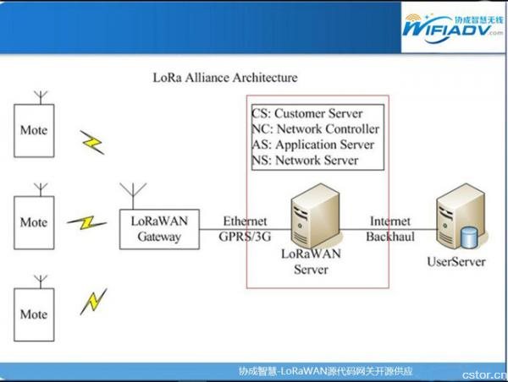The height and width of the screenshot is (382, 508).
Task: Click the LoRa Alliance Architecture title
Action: click(x=225, y=78)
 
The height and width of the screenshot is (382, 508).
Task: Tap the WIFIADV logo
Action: click(x=453, y=29)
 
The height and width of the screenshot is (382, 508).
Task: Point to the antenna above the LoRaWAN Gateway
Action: click(x=133, y=196)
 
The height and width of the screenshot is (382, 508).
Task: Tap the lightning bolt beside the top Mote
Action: click(x=92, y=142)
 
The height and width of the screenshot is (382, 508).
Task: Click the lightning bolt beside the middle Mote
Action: click(x=87, y=222)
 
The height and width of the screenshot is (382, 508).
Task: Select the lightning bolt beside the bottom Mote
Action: click(x=94, y=302)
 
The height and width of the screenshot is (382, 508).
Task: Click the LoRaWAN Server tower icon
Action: click(x=315, y=216)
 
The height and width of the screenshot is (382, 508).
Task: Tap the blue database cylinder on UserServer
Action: click(x=469, y=237)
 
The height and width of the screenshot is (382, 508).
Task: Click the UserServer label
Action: click(x=456, y=262)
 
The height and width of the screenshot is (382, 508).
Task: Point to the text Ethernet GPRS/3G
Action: click(x=245, y=229)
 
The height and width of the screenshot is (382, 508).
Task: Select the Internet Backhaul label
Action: click(x=390, y=229)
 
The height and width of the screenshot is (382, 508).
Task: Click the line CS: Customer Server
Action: click(x=307, y=113)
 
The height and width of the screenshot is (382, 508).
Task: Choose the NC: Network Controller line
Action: click(x=316, y=129)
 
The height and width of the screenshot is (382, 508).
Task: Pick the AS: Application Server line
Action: click(x=313, y=145)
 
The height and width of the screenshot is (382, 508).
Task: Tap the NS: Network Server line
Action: click(x=305, y=160)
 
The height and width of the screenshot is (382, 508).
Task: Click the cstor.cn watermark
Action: click(x=484, y=375)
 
